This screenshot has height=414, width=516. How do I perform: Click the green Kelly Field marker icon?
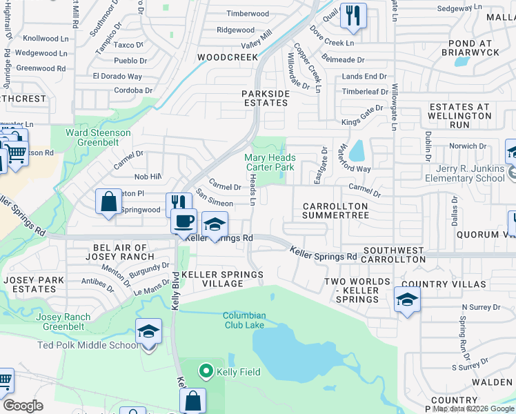(x=206, y=372)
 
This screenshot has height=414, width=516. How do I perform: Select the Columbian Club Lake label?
(x=244, y=321)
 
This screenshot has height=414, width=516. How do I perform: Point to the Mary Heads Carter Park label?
(x=270, y=163)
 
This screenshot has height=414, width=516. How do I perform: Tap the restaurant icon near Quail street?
(x=353, y=15)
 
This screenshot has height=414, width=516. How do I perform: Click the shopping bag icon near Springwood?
(x=109, y=203)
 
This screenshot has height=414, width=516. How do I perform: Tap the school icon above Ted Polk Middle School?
(x=148, y=332)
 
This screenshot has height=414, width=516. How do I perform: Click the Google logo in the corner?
(x=23, y=405)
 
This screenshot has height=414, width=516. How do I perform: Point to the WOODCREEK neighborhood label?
(x=223, y=57)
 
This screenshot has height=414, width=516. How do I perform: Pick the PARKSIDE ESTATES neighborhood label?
(x=264, y=97)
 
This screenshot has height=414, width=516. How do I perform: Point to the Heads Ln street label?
(x=252, y=189)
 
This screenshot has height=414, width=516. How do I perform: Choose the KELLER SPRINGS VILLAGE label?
(x=222, y=279)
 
